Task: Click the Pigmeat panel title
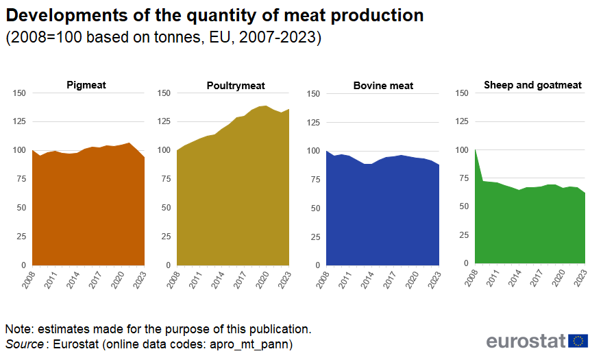click(86, 85)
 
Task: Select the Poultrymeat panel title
click(236, 86)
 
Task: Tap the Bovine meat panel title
click(383, 86)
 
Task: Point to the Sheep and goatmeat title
click(532, 85)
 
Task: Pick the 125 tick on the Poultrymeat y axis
click(164, 121)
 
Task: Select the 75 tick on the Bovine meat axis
click(315, 179)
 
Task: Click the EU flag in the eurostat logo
click(578, 340)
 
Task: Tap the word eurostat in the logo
click(526, 341)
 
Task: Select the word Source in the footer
click(24, 344)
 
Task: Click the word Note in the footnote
click(18, 329)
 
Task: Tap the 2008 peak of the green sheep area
click(475, 150)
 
